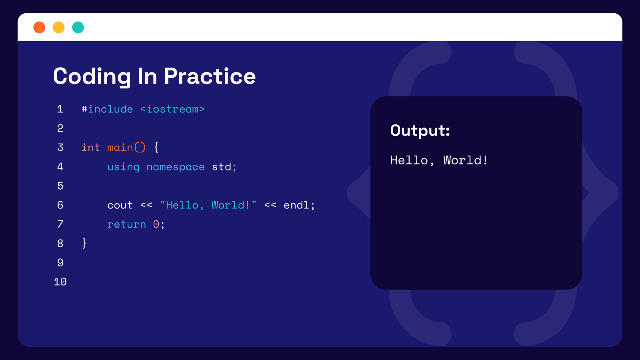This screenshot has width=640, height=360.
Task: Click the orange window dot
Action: tap(39, 27)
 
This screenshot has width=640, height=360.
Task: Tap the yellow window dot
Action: tap(59, 27)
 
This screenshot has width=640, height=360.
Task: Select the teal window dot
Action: tap(78, 27)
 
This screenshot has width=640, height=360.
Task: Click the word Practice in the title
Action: tap(210, 76)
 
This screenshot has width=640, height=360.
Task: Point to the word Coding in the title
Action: tap(92, 76)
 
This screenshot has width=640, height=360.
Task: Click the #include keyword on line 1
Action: tap(107, 109)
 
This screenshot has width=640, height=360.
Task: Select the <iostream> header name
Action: tap(172, 109)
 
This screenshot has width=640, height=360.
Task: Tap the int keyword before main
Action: tap(90, 148)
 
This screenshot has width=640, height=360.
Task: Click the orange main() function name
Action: tap(126, 148)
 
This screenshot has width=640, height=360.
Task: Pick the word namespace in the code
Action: tap(176, 167)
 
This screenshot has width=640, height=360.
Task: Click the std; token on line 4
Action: tap(224, 167)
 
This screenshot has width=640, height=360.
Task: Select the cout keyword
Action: tap(120, 205)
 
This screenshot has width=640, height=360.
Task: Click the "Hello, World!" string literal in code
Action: tap(208, 205)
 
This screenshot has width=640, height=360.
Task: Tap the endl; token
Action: tap(299, 205)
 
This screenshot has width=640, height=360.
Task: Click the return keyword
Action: tap(126, 224)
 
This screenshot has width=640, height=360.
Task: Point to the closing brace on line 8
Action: tap(84, 243)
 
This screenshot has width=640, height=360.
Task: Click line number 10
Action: tap(60, 282)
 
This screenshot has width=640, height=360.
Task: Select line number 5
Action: tap(60, 186)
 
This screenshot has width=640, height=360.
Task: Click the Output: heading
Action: tap(420, 131)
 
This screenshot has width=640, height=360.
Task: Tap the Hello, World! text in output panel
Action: tap(439, 160)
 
